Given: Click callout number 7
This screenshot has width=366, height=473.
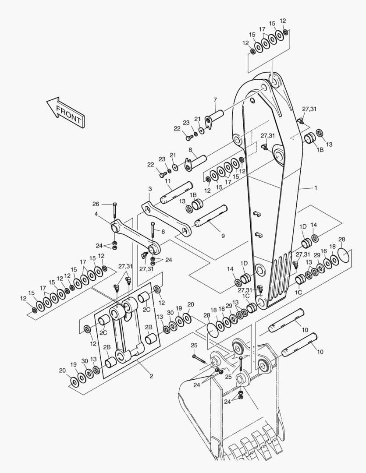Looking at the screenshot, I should (x=215, y=100).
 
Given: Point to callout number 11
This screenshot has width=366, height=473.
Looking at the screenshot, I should (x=168, y=181).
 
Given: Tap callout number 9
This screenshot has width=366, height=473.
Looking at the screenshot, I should (x=223, y=236).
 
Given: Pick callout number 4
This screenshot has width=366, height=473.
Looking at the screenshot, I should (x=96, y=214).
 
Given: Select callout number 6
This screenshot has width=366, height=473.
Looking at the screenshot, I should (x=163, y=232).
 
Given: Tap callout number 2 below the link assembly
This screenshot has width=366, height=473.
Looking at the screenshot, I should (x=151, y=375).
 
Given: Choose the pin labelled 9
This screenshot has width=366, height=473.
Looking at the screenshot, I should (x=210, y=216).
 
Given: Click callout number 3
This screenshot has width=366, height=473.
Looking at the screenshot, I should (x=150, y=189).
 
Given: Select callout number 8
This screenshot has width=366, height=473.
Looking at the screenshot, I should (x=190, y=150).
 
